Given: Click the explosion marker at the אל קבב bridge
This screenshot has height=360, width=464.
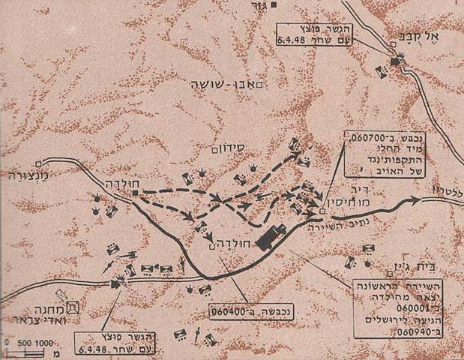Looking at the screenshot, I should (x=394, y=63).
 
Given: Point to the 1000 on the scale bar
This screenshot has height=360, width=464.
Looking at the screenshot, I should (x=42, y=343).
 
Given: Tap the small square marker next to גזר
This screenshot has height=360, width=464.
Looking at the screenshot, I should (x=275, y=5).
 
